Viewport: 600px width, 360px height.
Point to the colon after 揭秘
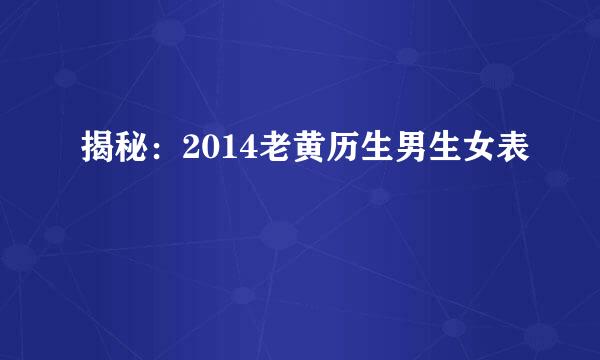160,153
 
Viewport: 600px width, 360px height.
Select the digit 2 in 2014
187,151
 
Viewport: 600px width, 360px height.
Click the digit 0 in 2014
205,151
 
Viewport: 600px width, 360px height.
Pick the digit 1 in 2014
223,151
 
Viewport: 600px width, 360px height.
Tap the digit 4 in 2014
241,151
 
